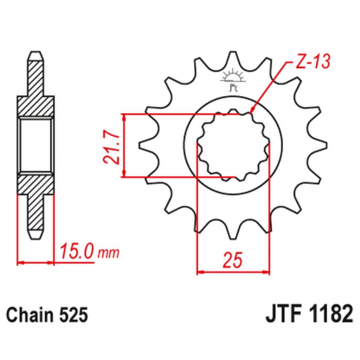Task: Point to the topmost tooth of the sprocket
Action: (x=233, y=59)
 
